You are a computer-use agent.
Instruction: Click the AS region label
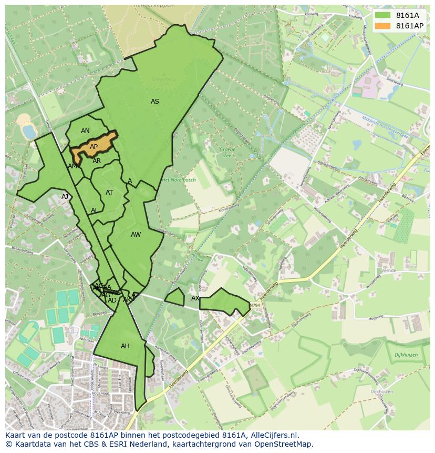(155, 102)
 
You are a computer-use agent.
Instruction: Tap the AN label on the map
(85, 131)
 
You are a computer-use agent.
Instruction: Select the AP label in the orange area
(94, 147)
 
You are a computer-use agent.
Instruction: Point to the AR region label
(97, 161)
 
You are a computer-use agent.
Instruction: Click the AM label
(72, 166)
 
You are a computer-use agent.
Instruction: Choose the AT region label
(109, 193)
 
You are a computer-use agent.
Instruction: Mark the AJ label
(65, 197)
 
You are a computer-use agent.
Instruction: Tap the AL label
(94, 210)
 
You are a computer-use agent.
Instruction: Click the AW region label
(136, 235)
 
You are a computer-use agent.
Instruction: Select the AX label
(195, 298)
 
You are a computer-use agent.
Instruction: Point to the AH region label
(125, 346)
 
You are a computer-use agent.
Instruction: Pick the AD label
(112, 300)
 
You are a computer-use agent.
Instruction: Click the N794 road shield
(255, 305)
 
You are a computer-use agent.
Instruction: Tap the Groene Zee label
(227, 153)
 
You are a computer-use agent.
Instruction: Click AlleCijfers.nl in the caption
(273, 435)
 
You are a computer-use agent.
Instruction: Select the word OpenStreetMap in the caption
(281, 444)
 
